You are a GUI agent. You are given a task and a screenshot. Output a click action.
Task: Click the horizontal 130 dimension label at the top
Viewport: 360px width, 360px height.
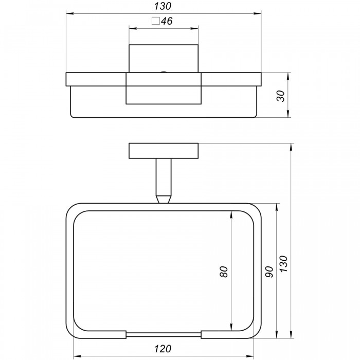163,6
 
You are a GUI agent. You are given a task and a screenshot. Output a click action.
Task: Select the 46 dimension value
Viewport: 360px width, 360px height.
167,21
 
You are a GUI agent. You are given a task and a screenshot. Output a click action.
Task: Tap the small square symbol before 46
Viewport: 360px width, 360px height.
156,21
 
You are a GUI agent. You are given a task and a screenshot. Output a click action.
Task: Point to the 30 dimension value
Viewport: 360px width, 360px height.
281,96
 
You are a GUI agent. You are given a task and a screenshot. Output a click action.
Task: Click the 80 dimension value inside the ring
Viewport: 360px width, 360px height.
224,272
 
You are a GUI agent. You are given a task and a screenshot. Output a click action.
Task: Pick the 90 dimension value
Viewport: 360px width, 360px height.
269,272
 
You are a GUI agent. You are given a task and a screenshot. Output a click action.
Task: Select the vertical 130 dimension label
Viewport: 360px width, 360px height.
283,263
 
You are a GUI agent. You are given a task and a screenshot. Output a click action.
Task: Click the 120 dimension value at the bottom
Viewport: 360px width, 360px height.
163,349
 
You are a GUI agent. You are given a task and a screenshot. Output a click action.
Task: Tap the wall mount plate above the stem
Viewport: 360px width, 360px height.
164,151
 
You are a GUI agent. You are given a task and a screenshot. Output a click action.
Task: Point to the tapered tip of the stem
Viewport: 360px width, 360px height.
164,200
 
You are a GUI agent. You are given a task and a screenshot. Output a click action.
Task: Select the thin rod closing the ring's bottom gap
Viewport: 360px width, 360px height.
164,334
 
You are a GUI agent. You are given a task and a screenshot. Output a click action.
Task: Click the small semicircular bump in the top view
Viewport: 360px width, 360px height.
164,72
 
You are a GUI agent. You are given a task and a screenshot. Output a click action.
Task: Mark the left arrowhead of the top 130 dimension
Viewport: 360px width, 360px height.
69,14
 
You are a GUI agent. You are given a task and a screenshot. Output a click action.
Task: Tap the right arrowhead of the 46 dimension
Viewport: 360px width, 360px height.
195,28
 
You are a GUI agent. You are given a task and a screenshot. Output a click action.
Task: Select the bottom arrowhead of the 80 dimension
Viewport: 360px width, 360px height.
231,328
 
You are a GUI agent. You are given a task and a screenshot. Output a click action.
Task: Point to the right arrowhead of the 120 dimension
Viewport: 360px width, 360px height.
250,356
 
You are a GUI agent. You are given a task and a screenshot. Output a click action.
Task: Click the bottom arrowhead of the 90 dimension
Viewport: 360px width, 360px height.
277,334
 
